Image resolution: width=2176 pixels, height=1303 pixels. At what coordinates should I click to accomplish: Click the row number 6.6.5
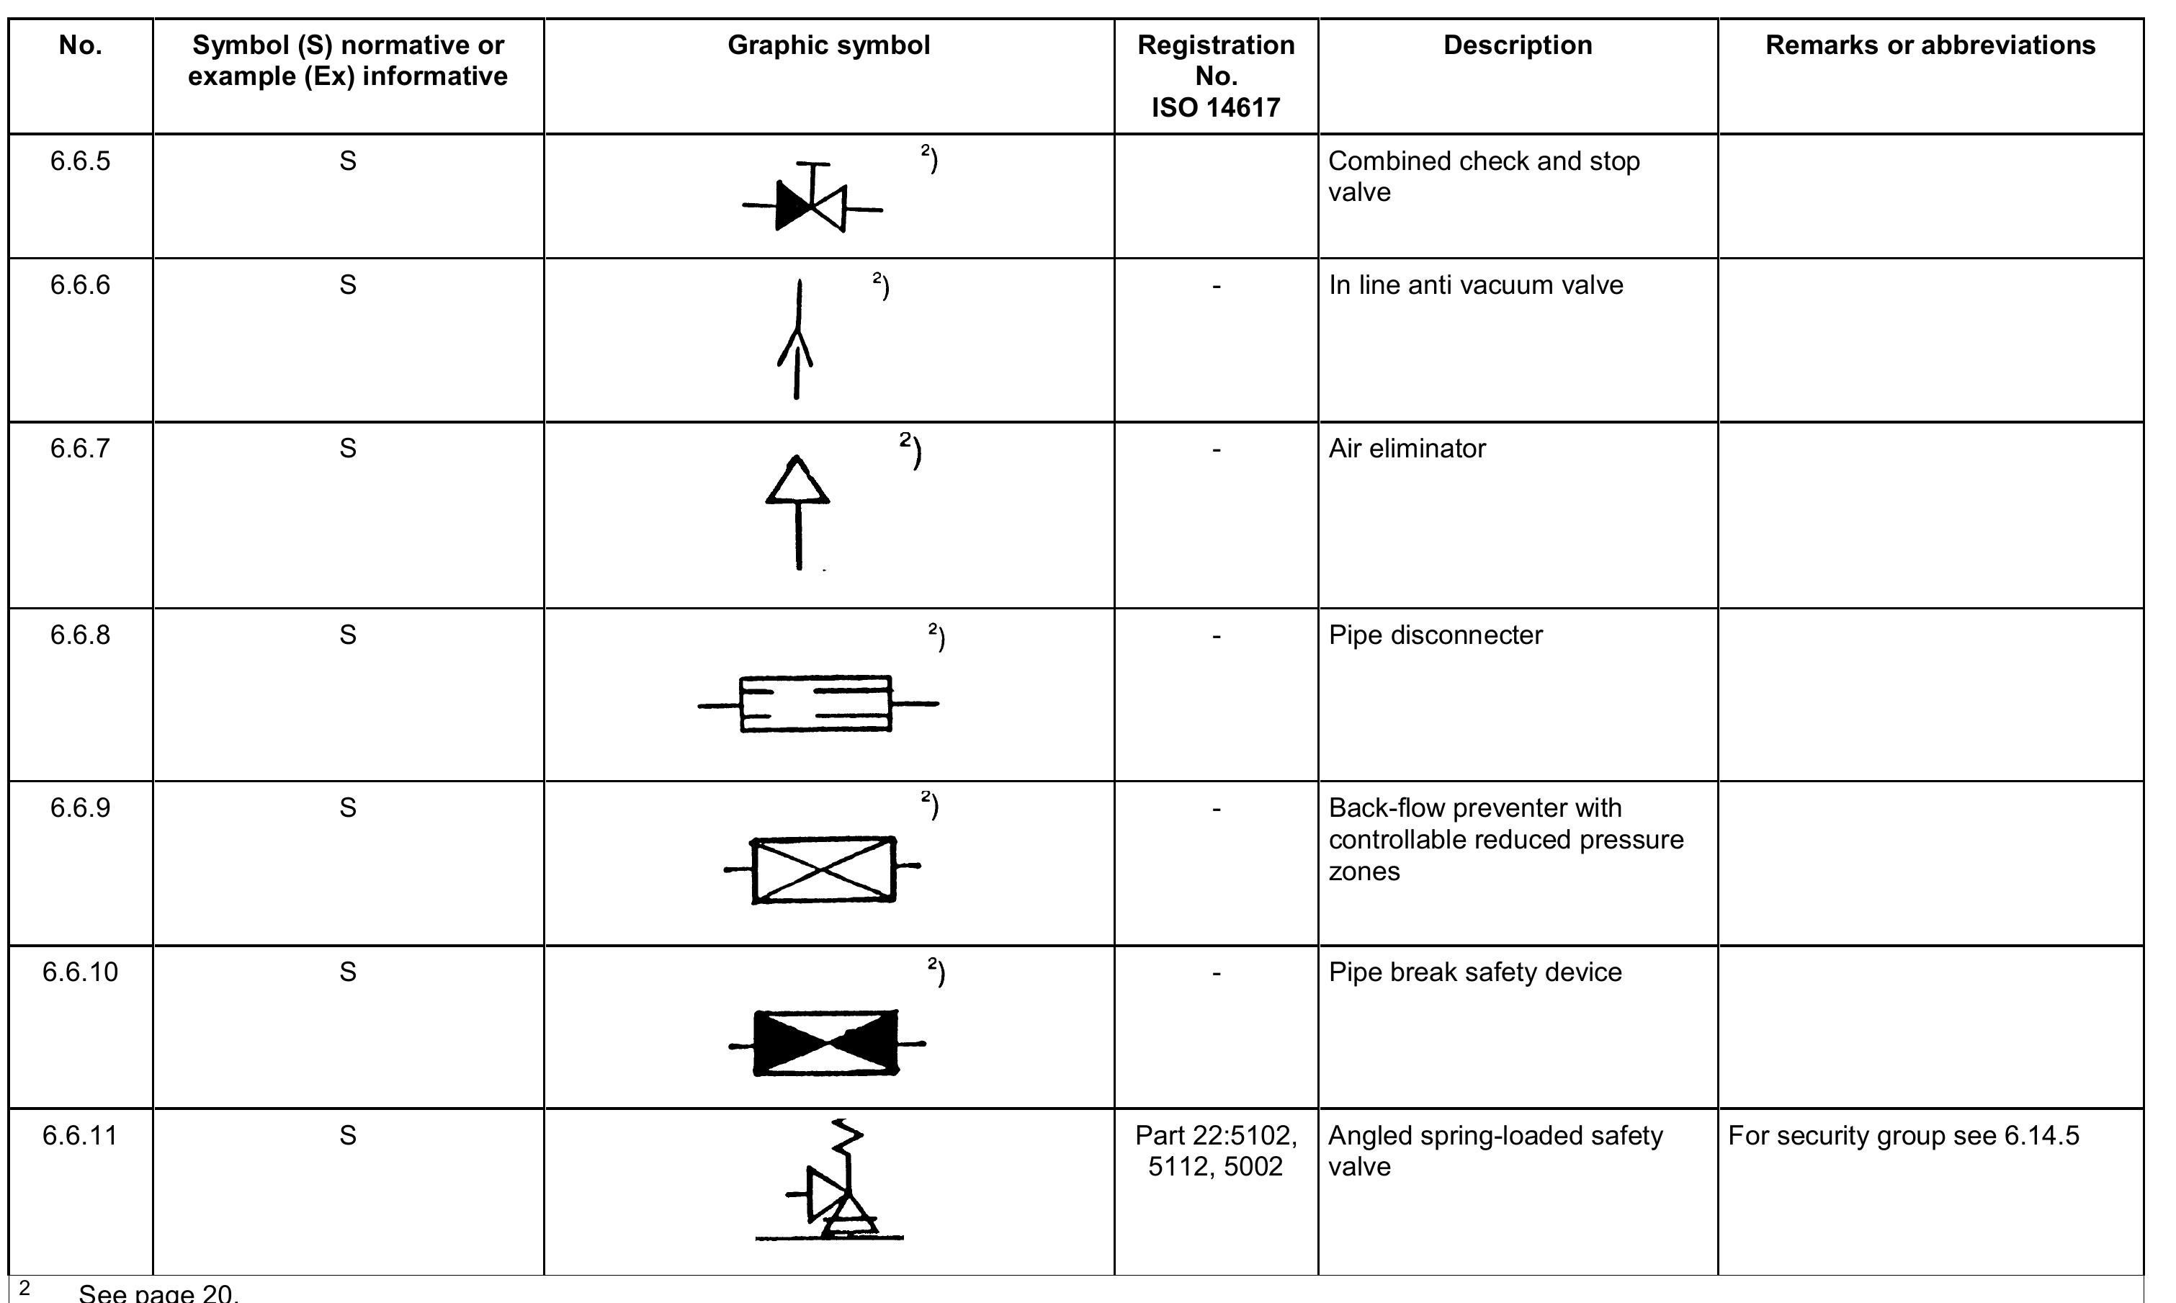[80, 161]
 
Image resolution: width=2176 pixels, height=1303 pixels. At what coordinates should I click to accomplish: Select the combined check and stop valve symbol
[812, 201]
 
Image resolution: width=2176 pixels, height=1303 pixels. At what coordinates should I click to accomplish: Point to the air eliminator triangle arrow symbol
[798, 509]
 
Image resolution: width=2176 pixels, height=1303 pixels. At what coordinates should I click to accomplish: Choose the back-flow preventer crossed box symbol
[823, 869]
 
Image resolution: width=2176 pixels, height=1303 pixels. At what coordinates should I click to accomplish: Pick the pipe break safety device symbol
[826, 1043]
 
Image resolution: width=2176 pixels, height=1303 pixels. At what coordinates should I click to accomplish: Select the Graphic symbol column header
[828, 45]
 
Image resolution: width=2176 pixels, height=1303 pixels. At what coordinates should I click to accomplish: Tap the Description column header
[1518, 45]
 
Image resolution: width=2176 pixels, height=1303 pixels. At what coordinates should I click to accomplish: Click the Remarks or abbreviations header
[1930, 45]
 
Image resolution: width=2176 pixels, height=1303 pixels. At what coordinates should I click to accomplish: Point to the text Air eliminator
[1407, 449]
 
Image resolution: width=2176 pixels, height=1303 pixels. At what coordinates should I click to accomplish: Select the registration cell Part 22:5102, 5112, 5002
[1216, 1151]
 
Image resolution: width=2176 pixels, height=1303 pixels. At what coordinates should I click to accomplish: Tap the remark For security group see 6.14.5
[1903, 1136]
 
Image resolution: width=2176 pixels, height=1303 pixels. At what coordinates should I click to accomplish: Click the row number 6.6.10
[80, 972]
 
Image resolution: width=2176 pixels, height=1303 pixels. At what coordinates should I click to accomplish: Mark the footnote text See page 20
[158, 1292]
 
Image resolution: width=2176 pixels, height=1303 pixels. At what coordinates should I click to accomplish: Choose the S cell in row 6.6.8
[348, 635]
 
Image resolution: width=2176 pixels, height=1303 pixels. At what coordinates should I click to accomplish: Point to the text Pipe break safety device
[1474, 972]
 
